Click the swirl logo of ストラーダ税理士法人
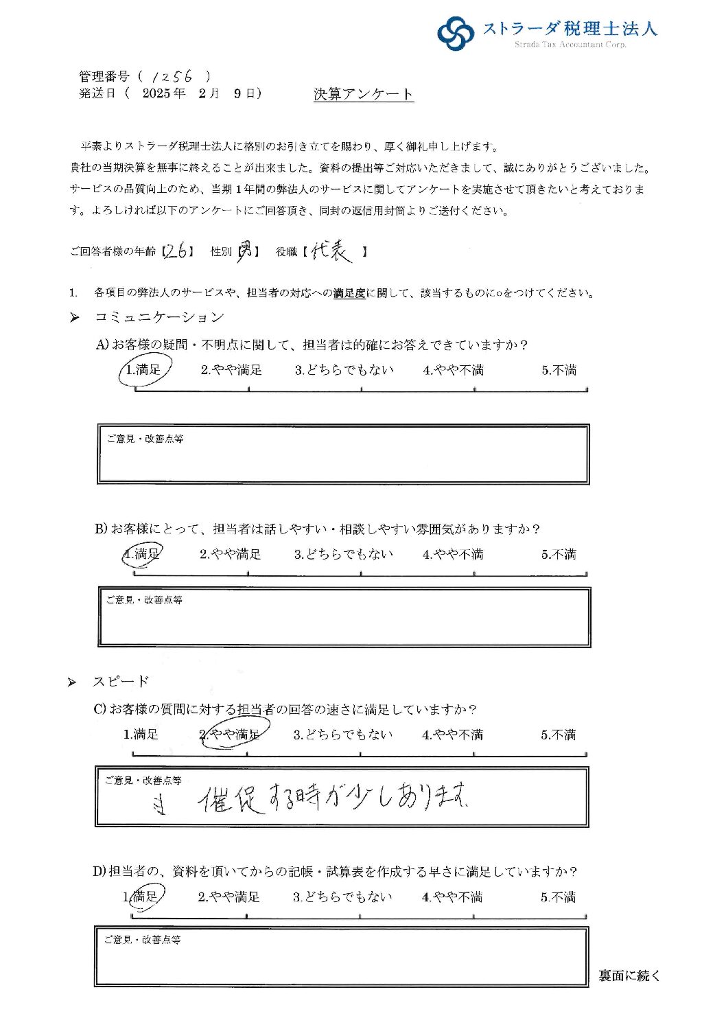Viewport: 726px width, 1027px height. [x=456, y=32]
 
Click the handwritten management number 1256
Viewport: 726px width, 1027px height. [x=172, y=76]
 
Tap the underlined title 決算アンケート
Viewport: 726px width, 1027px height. [x=363, y=95]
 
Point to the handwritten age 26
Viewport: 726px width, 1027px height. [x=178, y=252]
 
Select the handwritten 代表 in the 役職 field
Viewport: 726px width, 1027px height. [x=331, y=252]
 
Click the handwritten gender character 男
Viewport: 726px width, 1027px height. [x=245, y=252]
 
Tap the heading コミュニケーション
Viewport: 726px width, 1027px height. [x=159, y=317]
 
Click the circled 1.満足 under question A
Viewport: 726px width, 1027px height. [x=144, y=370]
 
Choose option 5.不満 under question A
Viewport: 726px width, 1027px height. [x=559, y=371]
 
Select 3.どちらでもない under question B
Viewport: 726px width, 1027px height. [x=344, y=554]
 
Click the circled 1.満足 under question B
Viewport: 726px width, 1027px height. [x=143, y=554]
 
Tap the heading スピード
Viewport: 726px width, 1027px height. [x=121, y=682]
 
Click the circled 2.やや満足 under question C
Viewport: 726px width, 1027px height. [x=231, y=735]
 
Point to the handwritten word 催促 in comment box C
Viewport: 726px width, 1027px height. [x=231, y=799]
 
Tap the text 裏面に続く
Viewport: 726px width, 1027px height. [x=629, y=976]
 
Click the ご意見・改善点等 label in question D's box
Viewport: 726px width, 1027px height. [x=142, y=940]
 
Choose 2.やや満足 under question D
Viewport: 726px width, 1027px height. [x=229, y=897]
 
